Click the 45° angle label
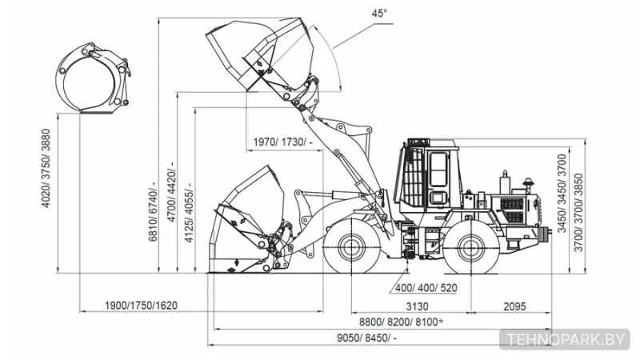[x=378, y=14]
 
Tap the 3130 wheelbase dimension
[x=417, y=306]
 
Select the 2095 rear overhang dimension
[x=514, y=306]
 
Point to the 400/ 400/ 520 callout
[x=426, y=288]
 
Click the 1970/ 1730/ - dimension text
[x=283, y=142]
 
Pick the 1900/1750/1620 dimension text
[x=141, y=306]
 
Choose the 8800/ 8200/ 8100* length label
[x=402, y=322]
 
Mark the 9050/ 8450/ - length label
[x=366, y=338]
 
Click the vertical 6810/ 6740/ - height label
[x=153, y=211]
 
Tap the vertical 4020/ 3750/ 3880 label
[x=46, y=168]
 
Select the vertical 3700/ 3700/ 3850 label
[x=578, y=212]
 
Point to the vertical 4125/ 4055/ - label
[x=189, y=212]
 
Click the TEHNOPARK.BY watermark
[x=565, y=339]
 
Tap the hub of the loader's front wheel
[x=351, y=246]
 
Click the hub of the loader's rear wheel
[x=471, y=247]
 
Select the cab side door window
[x=438, y=169]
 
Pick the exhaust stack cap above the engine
[x=529, y=182]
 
